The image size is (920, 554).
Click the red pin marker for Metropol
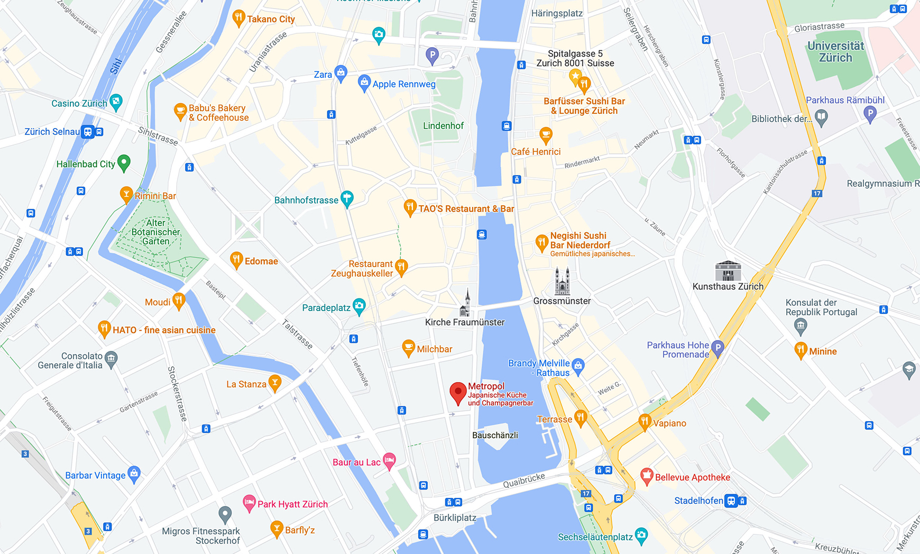tap(458, 393)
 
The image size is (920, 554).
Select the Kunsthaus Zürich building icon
tap(728, 271)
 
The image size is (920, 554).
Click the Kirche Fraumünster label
tap(465, 322)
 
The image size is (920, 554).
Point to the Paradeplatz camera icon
tap(360, 306)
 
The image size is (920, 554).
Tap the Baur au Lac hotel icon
tap(389, 460)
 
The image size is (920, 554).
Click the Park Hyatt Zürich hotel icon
tap(249, 503)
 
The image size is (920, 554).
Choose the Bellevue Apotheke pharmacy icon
tap(647, 476)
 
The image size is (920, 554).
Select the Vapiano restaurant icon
tap(645, 422)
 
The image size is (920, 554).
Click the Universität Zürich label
tap(835, 52)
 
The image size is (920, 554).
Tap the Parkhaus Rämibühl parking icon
tap(870, 112)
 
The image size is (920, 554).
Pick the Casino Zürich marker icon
tap(116, 102)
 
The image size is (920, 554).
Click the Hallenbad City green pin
tap(124, 162)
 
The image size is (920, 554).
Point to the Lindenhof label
tap(443, 126)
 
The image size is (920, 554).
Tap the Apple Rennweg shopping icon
tap(364, 83)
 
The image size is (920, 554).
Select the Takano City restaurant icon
tap(238, 18)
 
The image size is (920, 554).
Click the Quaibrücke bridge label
tap(523, 480)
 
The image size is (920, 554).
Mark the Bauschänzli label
tap(495, 435)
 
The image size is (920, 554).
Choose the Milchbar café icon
tap(408, 348)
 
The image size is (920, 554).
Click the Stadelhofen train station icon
tap(731, 501)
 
